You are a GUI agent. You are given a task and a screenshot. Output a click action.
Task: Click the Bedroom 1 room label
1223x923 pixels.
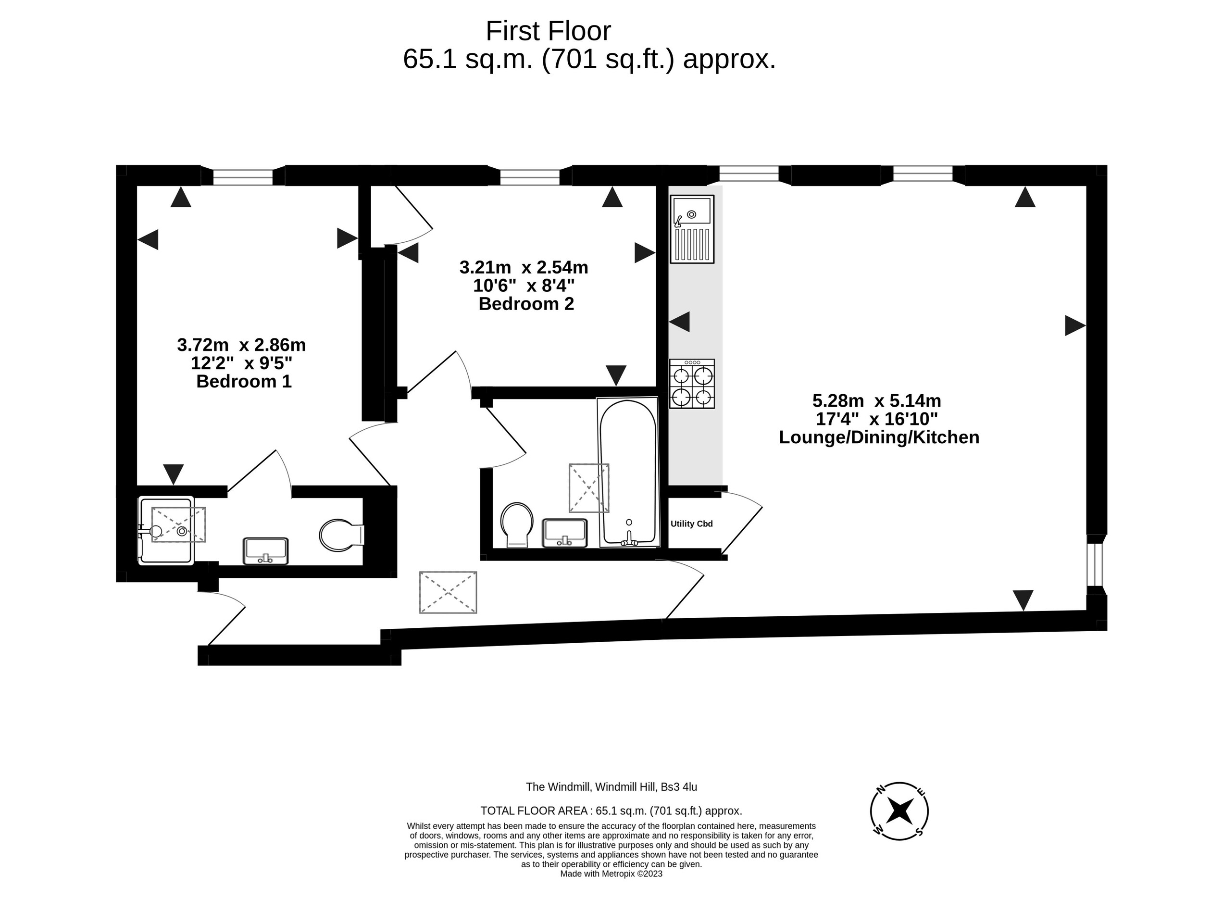click(244, 382)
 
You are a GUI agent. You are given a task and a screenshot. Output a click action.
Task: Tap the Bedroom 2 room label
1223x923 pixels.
click(526, 304)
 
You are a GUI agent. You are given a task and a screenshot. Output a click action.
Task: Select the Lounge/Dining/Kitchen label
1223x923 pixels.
click(878, 437)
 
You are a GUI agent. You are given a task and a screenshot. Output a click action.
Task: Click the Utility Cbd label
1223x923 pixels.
click(691, 524)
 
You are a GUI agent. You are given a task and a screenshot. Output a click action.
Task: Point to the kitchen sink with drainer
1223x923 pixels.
click(692, 229)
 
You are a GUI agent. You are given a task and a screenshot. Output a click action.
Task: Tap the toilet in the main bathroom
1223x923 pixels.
click(516, 524)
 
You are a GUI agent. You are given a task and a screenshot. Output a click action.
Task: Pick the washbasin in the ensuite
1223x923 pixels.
click(266, 551)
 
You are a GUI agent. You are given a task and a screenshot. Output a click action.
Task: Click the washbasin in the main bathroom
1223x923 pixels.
click(564, 533)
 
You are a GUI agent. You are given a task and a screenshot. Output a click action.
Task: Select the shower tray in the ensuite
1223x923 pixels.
click(166, 530)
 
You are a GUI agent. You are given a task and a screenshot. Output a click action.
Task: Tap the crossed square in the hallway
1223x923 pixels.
click(448, 592)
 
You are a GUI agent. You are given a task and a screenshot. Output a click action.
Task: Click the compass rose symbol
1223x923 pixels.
click(899, 811)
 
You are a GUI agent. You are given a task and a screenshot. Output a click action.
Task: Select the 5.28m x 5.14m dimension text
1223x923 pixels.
click(876, 400)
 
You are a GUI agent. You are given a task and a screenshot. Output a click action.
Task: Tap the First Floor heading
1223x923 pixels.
click(548, 32)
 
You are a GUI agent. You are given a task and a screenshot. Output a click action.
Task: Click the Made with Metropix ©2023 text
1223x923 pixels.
click(611, 874)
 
